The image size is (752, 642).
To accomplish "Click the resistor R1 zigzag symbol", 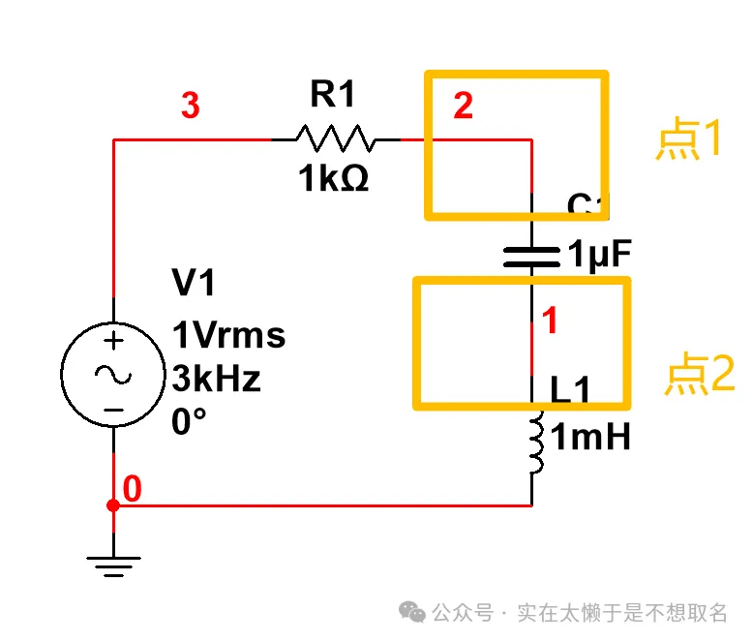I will coord(335,138).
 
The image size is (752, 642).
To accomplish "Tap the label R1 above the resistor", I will coord(333,95).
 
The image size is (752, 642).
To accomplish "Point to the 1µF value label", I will coord(599,256).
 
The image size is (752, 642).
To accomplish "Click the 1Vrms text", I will coord(228,335).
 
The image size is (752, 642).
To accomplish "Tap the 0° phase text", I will coord(191,422).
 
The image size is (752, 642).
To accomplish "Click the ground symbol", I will coord(113,564).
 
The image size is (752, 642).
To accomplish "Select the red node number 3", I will coord(191,107).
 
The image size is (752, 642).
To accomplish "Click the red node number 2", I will coord(464,107).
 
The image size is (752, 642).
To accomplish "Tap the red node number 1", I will coord(550,321).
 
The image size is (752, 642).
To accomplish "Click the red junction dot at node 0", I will coord(113,505).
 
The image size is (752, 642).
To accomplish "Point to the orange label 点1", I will coord(688,141).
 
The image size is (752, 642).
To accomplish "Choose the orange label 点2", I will coord(699,375).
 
